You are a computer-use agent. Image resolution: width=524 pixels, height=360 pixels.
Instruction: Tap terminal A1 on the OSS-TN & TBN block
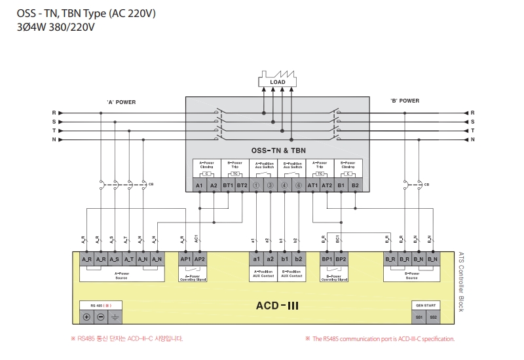(200, 186)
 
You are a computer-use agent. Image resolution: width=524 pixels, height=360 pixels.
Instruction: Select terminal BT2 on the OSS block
(242, 186)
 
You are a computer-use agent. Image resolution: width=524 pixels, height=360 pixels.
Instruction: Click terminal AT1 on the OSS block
(312, 186)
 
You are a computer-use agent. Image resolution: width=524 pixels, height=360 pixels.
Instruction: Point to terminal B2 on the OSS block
(355, 186)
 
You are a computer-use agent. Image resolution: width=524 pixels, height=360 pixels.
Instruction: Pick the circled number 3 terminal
(271, 186)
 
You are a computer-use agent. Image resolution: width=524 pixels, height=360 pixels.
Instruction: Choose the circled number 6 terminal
(299, 186)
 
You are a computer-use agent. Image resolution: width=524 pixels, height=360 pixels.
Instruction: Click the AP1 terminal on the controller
(185, 259)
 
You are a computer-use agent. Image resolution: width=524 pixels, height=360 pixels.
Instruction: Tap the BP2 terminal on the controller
(341, 259)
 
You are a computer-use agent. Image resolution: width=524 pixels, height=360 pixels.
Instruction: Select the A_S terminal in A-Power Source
(115, 260)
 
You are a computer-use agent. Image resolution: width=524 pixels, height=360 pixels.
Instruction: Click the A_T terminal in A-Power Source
(128, 260)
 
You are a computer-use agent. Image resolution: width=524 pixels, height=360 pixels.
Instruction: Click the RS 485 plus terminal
(86, 317)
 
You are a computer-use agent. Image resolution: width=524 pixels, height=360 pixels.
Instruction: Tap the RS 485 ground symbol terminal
(115, 317)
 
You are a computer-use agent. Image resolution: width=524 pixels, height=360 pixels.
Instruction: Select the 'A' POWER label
(121, 101)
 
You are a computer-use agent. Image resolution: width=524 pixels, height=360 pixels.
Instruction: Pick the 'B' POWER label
(404, 101)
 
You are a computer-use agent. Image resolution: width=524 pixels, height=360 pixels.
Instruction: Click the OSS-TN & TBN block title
(278, 150)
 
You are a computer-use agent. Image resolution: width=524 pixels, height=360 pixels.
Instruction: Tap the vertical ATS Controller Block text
(461, 282)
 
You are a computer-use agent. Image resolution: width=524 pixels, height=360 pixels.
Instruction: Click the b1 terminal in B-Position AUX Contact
(284, 259)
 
